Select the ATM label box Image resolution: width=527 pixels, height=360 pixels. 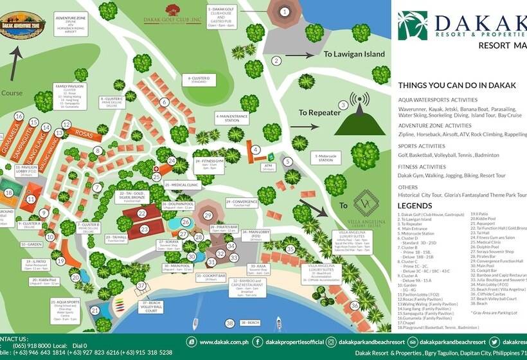268,167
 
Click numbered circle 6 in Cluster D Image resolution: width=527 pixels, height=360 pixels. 165,102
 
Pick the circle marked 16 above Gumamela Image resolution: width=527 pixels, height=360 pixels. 19,116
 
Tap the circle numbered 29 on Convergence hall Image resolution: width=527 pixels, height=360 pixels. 208,215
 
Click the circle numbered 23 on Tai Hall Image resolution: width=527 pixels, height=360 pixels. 145,229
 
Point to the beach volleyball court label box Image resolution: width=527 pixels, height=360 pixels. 152,308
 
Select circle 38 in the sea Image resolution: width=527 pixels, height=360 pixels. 230,323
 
